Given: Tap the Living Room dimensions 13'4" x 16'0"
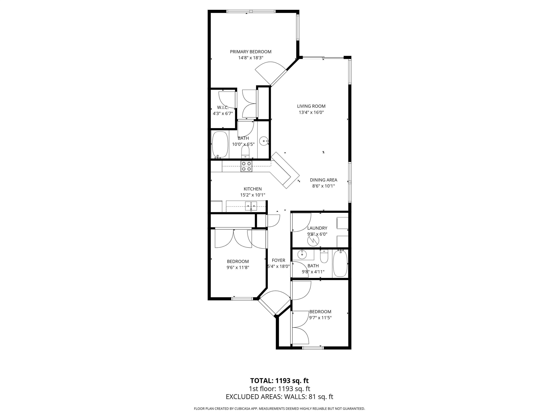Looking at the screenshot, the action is pyautogui.click(x=311, y=112).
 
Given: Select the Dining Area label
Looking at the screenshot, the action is pyautogui.click(x=324, y=180).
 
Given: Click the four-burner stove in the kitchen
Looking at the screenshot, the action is pyautogui.click(x=246, y=166).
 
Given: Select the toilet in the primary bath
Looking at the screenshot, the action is pyautogui.click(x=245, y=152).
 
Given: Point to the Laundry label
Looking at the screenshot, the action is pyautogui.click(x=317, y=228).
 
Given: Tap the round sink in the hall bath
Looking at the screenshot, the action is pyautogui.click(x=302, y=254).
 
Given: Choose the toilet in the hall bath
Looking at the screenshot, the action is pyautogui.click(x=324, y=257).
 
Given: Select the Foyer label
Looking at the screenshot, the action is pyautogui.click(x=278, y=260).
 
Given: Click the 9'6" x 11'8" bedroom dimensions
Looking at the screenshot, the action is pyautogui.click(x=238, y=267).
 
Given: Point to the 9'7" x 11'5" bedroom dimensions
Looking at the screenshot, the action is pyautogui.click(x=320, y=318).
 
